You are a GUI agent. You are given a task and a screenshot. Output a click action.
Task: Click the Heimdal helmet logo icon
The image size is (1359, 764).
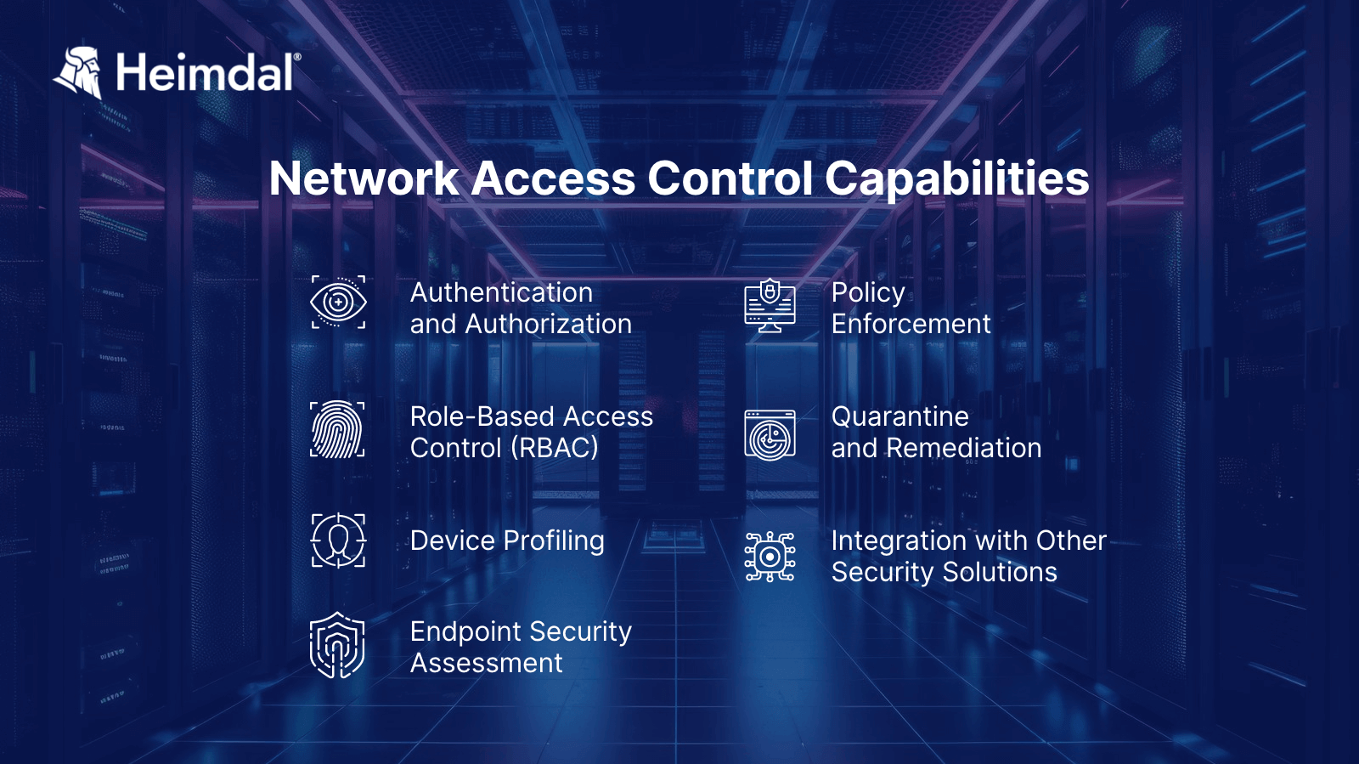click(x=79, y=71)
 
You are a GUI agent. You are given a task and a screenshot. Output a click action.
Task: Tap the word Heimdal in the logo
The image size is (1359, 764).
click(x=206, y=72)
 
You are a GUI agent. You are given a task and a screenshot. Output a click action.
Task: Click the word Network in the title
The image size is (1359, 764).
click(x=364, y=178)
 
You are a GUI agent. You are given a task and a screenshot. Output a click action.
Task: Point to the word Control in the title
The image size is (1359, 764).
click(x=730, y=178)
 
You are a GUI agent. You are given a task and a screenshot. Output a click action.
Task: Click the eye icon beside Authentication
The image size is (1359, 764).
click(x=338, y=302)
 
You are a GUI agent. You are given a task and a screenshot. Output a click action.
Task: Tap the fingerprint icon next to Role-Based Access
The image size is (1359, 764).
click(x=337, y=430)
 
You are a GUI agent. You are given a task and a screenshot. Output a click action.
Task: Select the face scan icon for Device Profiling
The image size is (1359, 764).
click(x=338, y=540)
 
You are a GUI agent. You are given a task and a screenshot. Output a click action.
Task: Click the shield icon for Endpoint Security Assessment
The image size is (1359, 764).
click(x=337, y=645)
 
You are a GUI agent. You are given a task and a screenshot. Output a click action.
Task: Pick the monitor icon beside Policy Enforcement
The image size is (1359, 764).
click(x=770, y=305)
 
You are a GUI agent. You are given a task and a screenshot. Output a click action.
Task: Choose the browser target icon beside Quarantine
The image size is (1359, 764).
click(x=770, y=435)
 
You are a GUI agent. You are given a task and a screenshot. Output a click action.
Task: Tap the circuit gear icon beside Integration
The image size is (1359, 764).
click(x=770, y=557)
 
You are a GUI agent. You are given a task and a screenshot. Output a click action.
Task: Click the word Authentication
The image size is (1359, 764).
click(x=501, y=292)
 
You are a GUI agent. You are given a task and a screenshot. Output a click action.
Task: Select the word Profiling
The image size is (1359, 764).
click(x=554, y=541)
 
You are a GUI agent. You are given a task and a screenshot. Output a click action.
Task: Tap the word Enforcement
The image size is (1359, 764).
click(x=911, y=324)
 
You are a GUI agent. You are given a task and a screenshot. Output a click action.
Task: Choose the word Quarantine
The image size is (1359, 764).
click(x=899, y=417)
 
